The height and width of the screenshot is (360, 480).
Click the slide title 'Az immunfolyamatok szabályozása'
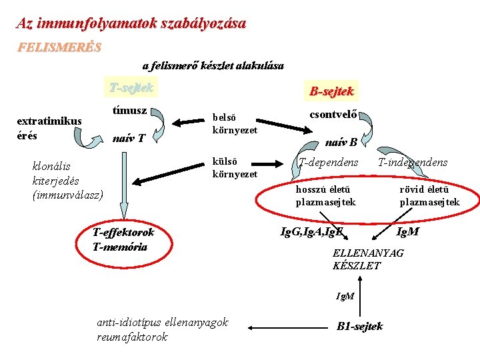tap(131, 23)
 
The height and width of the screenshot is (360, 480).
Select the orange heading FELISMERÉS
tap(59, 48)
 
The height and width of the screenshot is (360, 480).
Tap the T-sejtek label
tap(131, 87)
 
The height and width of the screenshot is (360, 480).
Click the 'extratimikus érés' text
tap(49, 128)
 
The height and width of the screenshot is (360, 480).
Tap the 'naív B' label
tap(341, 141)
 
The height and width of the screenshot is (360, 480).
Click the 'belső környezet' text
tap(234, 124)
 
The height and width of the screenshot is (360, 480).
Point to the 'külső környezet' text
tap(234, 168)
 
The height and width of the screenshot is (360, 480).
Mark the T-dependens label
tap(328, 163)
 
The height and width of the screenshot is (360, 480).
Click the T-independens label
tap(413, 163)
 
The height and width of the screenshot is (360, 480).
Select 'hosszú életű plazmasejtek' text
tap(325, 196)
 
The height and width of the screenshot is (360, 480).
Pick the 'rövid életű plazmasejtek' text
tap(429, 196)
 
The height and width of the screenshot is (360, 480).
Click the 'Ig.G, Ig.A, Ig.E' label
tap(311, 232)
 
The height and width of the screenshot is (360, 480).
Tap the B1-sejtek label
tap(360, 327)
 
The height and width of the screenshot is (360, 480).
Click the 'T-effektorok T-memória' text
tap(123, 239)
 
